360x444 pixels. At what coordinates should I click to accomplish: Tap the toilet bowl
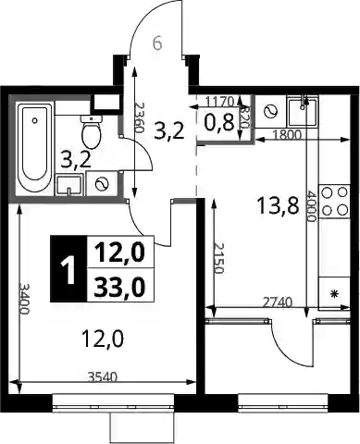(91, 132)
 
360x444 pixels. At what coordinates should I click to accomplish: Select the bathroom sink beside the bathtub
(69, 185)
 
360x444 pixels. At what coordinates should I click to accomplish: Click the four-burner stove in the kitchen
(334, 202)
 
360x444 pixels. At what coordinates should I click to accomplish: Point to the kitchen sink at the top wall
(303, 112)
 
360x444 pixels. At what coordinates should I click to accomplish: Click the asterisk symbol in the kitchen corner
(334, 294)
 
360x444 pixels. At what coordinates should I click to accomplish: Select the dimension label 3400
(24, 298)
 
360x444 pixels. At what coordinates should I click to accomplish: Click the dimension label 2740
(277, 302)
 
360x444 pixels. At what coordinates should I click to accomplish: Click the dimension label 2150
(218, 258)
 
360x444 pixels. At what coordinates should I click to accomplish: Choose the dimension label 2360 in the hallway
(140, 117)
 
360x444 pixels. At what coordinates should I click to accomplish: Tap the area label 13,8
(278, 206)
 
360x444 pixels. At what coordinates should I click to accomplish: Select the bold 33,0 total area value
(119, 287)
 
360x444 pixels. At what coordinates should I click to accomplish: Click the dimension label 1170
(220, 101)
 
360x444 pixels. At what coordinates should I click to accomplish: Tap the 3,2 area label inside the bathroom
(76, 160)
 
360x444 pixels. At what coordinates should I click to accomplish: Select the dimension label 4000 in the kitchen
(311, 206)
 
